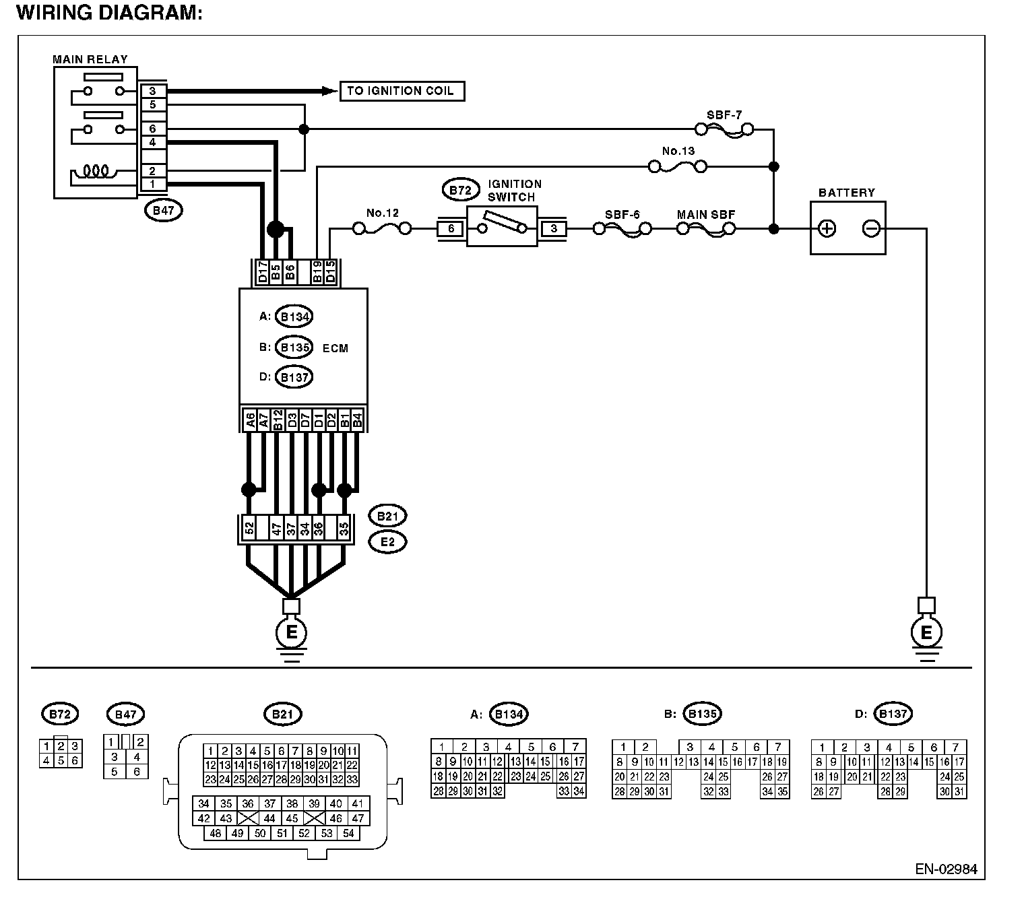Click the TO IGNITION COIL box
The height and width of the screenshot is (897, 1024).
(402, 91)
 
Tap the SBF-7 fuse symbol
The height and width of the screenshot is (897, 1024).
(724, 129)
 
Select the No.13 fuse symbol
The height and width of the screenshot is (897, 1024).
(677, 165)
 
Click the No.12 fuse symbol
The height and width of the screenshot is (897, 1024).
(382, 229)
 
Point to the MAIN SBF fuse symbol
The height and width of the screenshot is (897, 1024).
(705, 229)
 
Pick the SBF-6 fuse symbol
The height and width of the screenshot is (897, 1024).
(622, 229)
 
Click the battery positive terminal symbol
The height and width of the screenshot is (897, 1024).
(827, 229)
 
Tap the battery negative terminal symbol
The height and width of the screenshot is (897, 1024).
(870, 229)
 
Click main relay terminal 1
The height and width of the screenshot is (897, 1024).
(153, 184)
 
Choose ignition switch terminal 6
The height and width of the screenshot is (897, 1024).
(451, 229)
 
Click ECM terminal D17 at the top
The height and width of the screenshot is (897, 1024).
(263, 273)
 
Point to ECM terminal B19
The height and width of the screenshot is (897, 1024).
(317, 273)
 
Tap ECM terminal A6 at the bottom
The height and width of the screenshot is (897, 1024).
(249, 421)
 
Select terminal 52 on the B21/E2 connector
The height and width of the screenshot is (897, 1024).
(249, 529)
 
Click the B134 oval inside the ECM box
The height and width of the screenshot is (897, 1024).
(294, 317)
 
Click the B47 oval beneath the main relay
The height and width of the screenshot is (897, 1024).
(164, 211)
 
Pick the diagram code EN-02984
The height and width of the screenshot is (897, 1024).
(945, 869)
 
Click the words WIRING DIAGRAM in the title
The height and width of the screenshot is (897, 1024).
(108, 13)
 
